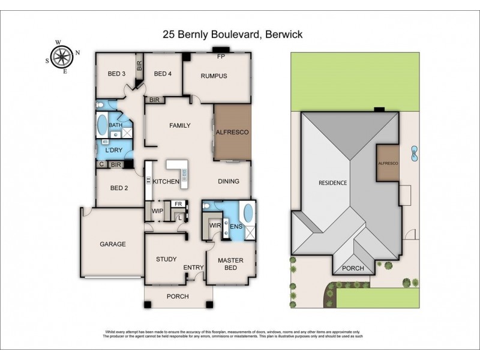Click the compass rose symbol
59,56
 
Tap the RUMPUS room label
214,76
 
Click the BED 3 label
116,74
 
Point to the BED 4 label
163,74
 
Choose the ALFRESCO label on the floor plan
232,131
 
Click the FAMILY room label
179,125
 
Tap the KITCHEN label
166,181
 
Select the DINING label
228,181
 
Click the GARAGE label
112,244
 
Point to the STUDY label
166,259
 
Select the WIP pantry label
158,211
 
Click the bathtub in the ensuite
246,213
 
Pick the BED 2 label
119,188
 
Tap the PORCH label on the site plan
353,268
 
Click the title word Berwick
283,35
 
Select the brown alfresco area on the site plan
388,163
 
